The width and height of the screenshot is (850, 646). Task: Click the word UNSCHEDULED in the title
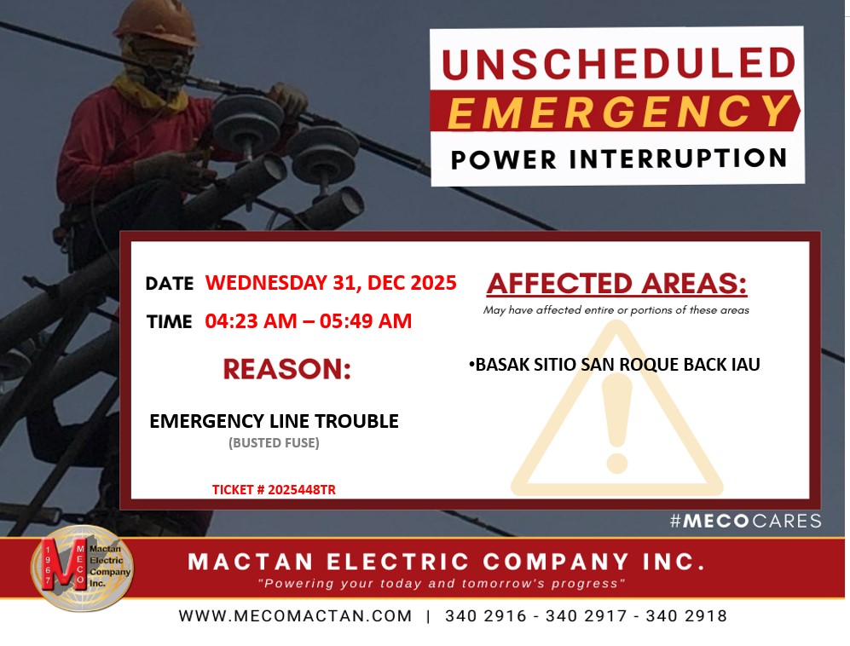click(x=618, y=63)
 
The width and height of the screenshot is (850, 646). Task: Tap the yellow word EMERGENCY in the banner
click(x=620, y=112)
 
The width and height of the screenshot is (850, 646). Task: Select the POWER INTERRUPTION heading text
click(x=618, y=159)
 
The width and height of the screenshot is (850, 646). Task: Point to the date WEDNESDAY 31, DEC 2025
click(x=331, y=283)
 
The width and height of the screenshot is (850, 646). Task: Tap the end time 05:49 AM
click(x=366, y=320)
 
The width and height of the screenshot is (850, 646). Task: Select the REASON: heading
click(x=286, y=369)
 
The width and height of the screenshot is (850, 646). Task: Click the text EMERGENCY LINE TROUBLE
click(x=274, y=421)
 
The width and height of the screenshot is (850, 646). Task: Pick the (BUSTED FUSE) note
click(x=274, y=443)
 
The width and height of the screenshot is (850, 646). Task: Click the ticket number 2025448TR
click(x=302, y=490)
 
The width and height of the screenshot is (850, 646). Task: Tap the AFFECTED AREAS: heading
click(x=616, y=284)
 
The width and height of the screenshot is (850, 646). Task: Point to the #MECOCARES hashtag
click(x=745, y=521)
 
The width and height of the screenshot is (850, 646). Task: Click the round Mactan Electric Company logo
click(x=82, y=568)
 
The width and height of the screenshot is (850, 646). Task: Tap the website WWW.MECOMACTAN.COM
click(x=296, y=616)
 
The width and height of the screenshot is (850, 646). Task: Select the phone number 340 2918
click(x=686, y=616)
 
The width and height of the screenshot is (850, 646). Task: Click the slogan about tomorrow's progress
click(x=442, y=584)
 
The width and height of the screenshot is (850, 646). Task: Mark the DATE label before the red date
click(x=169, y=284)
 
